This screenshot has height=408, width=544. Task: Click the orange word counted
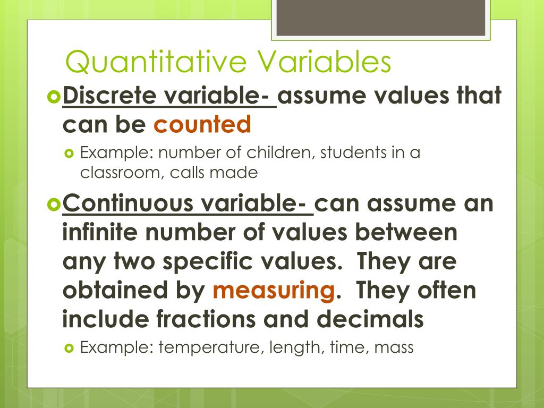coord(202,124)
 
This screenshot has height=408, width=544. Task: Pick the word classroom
coord(118,173)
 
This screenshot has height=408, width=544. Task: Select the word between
coord(409,233)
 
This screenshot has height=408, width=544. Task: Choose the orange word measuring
coord(273,291)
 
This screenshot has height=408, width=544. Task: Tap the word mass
coord(394,348)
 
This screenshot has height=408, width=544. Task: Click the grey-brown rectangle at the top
coord(380,19)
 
